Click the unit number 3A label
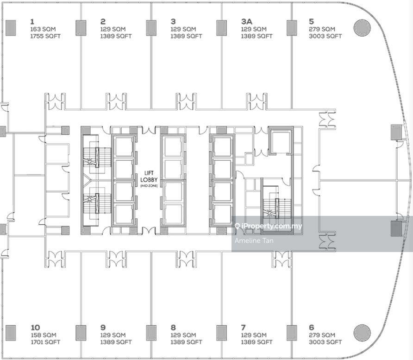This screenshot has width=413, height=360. (x=246, y=21)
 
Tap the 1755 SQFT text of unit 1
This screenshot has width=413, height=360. (x=45, y=36)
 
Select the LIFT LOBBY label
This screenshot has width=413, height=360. (x=149, y=177)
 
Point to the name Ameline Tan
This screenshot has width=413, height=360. (x=254, y=240)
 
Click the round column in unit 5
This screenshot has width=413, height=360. (x=362, y=28)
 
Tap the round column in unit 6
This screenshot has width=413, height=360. (x=362, y=333)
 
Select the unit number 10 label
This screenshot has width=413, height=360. (x=35, y=327)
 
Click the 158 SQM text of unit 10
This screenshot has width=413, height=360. (x=44, y=335)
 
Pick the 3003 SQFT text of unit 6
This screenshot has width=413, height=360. (x=325, y=342)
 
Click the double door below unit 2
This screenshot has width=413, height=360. (x=116, y=101)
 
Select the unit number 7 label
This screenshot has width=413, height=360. (x=243, y=327)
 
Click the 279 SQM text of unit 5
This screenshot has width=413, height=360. (x=322, y=29)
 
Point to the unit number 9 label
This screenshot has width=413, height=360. (x=103, y=327)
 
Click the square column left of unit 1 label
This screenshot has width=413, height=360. (x=11, y=28)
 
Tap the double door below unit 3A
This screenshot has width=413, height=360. (x=257, y=101)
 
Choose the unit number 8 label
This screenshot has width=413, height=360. (x=173, y=327)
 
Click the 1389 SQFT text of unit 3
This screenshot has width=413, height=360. (x=186, y=36)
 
